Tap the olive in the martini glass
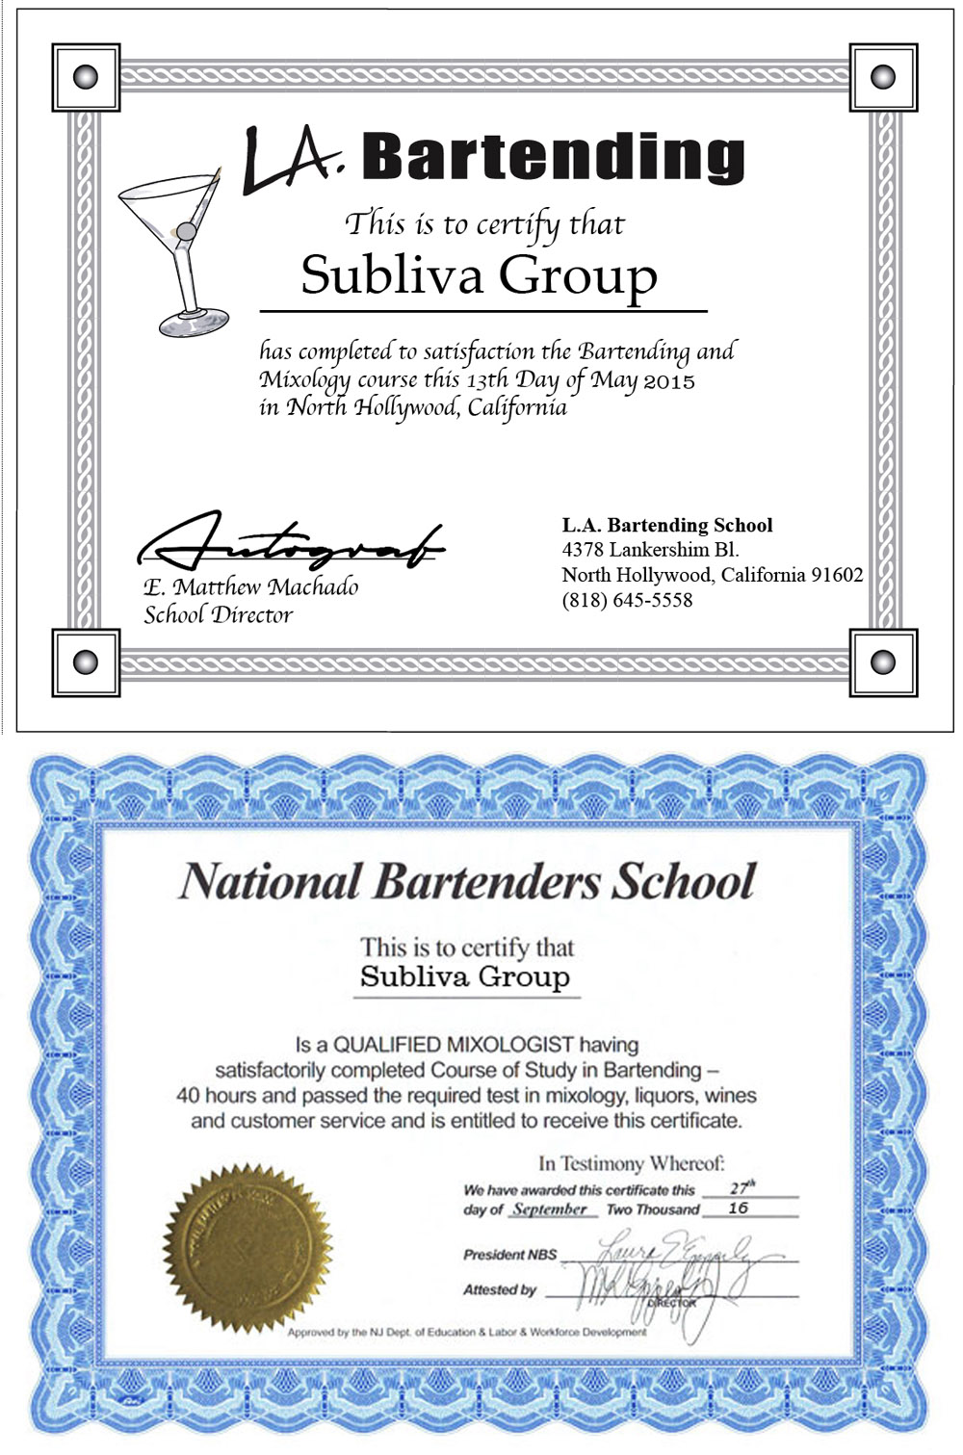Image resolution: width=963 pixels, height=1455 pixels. pyautogui.click(x=184, y=231)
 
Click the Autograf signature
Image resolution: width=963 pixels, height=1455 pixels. pyautogui.click(x=289, y=545)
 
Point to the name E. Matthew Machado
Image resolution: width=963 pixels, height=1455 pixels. pyautogui.click(x=250, y=587)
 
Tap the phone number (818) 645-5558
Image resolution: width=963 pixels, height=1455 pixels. pyautogui.click(x=627, y=600)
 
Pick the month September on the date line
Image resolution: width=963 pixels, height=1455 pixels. pyautogui.click(x=549, y=1209)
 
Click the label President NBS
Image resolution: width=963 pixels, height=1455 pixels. pyautogui.click(x=509, y=1255)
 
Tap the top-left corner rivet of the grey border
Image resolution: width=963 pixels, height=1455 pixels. pyautogui.click(x=86, y=77)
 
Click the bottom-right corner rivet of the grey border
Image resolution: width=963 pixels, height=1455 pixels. pyautogui.click(x=883, y=663)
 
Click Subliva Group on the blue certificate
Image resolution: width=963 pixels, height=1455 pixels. pyautogui.click(x=465, y=976)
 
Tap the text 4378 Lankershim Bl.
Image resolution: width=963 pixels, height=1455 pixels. pyautogui.click(x=650, y=550)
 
